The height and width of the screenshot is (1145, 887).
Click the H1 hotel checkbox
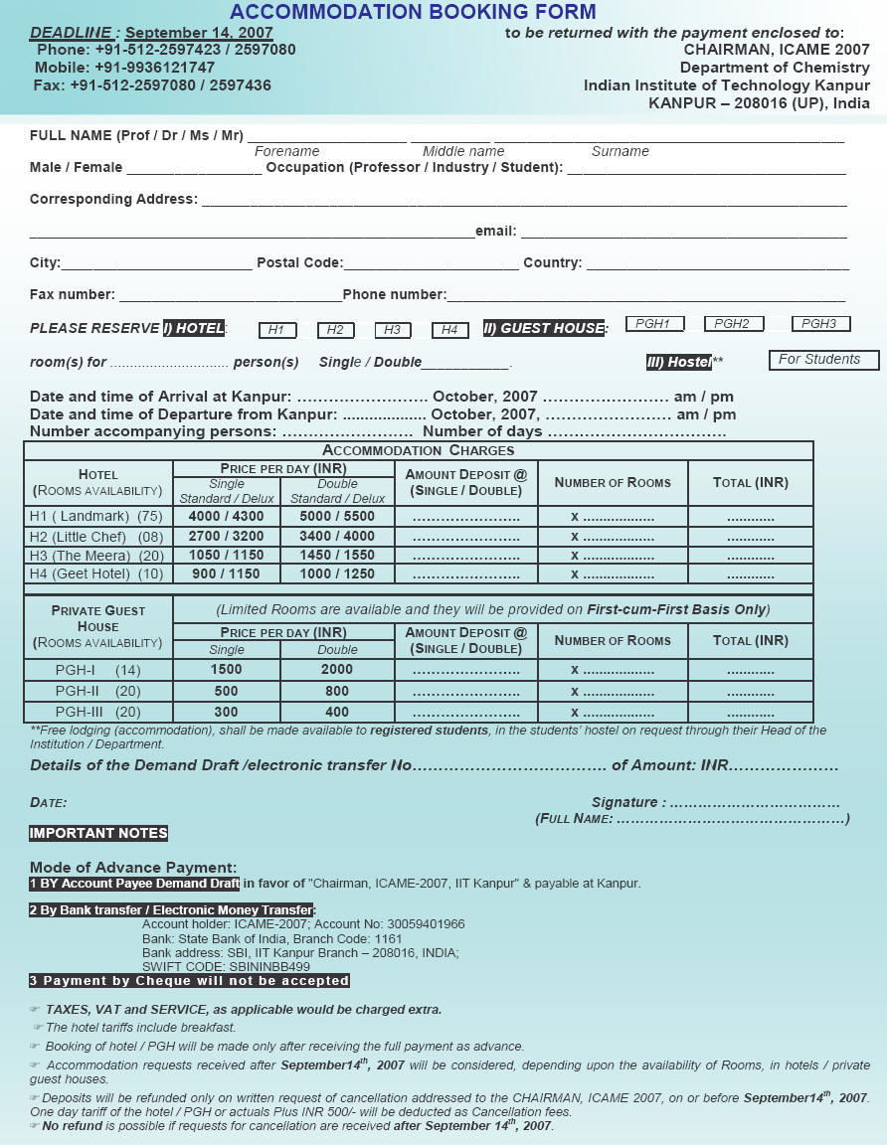pyautogui.click(x=276, y=330)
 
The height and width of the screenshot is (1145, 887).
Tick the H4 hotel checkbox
pyautogui.click(x=449, y=330)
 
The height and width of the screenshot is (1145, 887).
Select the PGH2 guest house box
pyautogui.click(x=733, y=324)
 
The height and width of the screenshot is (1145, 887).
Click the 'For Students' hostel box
pyautogui.click(x=823, y=360)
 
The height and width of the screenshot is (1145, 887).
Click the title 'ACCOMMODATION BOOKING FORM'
pyautogui.click(x=413, y=13)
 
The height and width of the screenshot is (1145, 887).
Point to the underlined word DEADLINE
pyautogui.click(x=70, y=33)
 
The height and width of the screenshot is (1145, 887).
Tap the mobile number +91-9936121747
pyautogui.click(x=154, y=68)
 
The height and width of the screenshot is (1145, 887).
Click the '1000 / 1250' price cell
pyautogui.click(x=337, y=573)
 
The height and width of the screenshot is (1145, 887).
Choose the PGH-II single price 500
pyautogui.click(x=226, y=691)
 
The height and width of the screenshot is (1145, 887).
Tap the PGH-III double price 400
pyautogui.click(x=337, y=712)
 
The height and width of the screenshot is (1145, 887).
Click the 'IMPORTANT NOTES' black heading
pyautogui.click(x=98, y=834)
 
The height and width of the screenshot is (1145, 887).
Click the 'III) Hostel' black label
pyautogui.click(x=679, y=362)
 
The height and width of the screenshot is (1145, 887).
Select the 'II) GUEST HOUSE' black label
pyautogui.click(x=544, y=328)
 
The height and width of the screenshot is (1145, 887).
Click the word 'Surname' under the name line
pyautogui.click(x=620, y=151)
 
